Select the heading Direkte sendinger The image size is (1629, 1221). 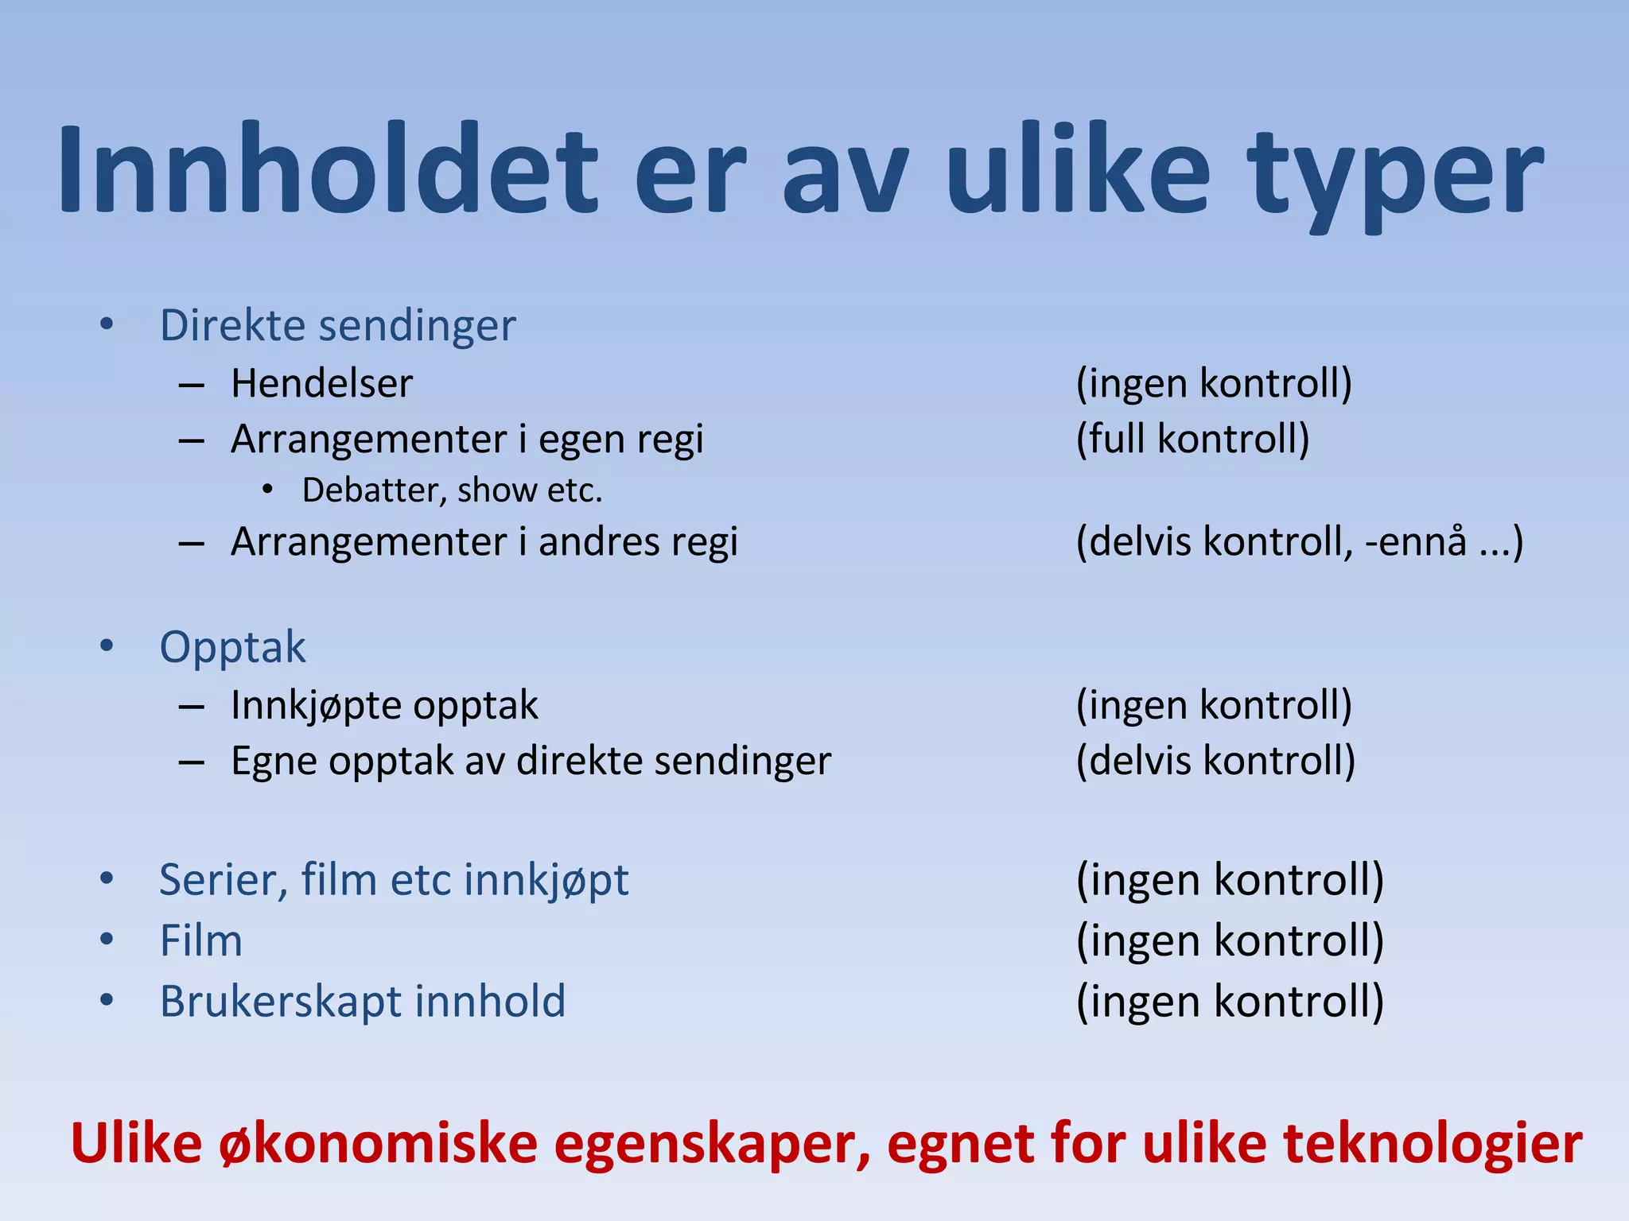338,326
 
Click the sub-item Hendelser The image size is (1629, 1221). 321,384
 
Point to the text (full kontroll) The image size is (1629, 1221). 1192,440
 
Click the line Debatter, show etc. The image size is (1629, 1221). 452,490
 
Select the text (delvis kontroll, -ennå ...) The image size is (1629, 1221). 1299,542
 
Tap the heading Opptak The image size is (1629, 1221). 232,647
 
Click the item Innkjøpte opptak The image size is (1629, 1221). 384,706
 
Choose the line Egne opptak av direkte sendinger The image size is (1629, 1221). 531,762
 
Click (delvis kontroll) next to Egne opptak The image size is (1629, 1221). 1215,762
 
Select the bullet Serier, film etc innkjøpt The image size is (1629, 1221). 394,881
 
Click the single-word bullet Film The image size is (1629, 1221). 200,941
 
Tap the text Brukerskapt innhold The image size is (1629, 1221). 363,1002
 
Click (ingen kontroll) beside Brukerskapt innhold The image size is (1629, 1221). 1230,1002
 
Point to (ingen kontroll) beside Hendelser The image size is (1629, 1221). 1214,384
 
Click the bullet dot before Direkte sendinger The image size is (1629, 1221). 107,324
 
